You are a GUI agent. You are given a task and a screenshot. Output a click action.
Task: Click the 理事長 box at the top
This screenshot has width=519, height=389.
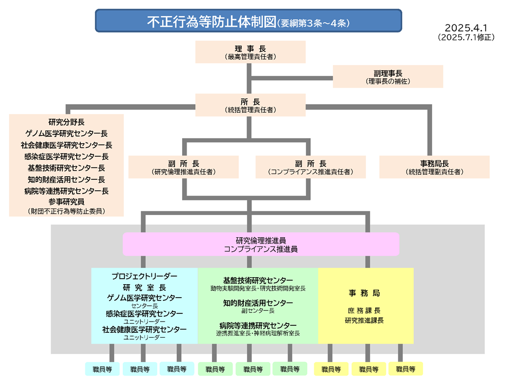pos(250,51)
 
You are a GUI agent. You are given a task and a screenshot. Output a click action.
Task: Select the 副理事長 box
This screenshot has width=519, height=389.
pos(388,77)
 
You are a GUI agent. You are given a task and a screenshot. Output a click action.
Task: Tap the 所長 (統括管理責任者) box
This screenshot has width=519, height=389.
pos(250,105)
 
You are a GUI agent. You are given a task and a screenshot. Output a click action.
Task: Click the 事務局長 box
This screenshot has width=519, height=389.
pos(434,167)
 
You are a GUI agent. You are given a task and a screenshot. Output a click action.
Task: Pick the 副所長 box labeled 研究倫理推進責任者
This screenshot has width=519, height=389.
pos(183,167)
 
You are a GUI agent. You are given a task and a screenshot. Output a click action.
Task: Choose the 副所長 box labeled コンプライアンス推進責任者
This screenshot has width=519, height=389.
pos(310,167)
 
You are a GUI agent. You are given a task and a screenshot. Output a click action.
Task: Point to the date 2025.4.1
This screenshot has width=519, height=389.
pos(469,28)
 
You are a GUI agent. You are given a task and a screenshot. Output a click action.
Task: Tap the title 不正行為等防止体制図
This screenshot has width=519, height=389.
pos(211,22)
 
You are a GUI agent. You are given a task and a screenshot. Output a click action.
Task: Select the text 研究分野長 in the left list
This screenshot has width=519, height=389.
pos(66,122)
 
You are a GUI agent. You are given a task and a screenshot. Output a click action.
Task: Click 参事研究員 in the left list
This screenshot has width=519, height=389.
pos(66,202)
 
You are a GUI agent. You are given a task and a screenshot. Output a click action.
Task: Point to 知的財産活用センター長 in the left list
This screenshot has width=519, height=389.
pos(66,179)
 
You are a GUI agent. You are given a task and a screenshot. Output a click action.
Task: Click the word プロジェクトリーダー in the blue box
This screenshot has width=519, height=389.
pos(144,276)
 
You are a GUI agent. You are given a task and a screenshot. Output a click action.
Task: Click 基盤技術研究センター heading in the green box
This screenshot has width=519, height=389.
pos(258,280)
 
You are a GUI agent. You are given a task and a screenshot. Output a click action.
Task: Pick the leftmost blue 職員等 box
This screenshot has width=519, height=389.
pos(102,369)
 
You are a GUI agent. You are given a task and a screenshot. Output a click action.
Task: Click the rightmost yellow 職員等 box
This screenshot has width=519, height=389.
pos(405,369)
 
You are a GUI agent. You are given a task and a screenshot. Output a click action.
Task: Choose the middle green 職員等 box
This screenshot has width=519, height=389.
pos(252,369)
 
